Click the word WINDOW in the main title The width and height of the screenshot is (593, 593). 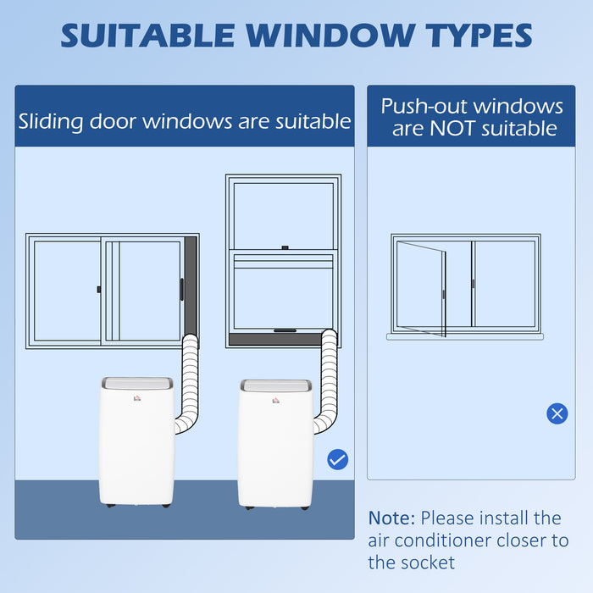(331, 36)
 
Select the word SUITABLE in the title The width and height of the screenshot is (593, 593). (148, 36)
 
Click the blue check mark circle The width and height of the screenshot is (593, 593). (338, 459)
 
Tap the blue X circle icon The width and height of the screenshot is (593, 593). (557, 413)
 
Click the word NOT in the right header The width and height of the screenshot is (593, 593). (452, 129)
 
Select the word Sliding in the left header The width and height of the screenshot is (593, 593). (51, 122)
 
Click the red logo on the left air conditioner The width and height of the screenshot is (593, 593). (137, 397)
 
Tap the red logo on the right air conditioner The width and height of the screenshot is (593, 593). (276, 400)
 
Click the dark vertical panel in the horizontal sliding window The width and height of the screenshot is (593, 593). (191, 288)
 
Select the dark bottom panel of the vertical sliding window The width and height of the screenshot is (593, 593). (276, 339)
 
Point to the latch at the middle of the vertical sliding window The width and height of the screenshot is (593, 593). (285, 247)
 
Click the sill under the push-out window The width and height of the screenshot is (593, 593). (465, 336)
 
